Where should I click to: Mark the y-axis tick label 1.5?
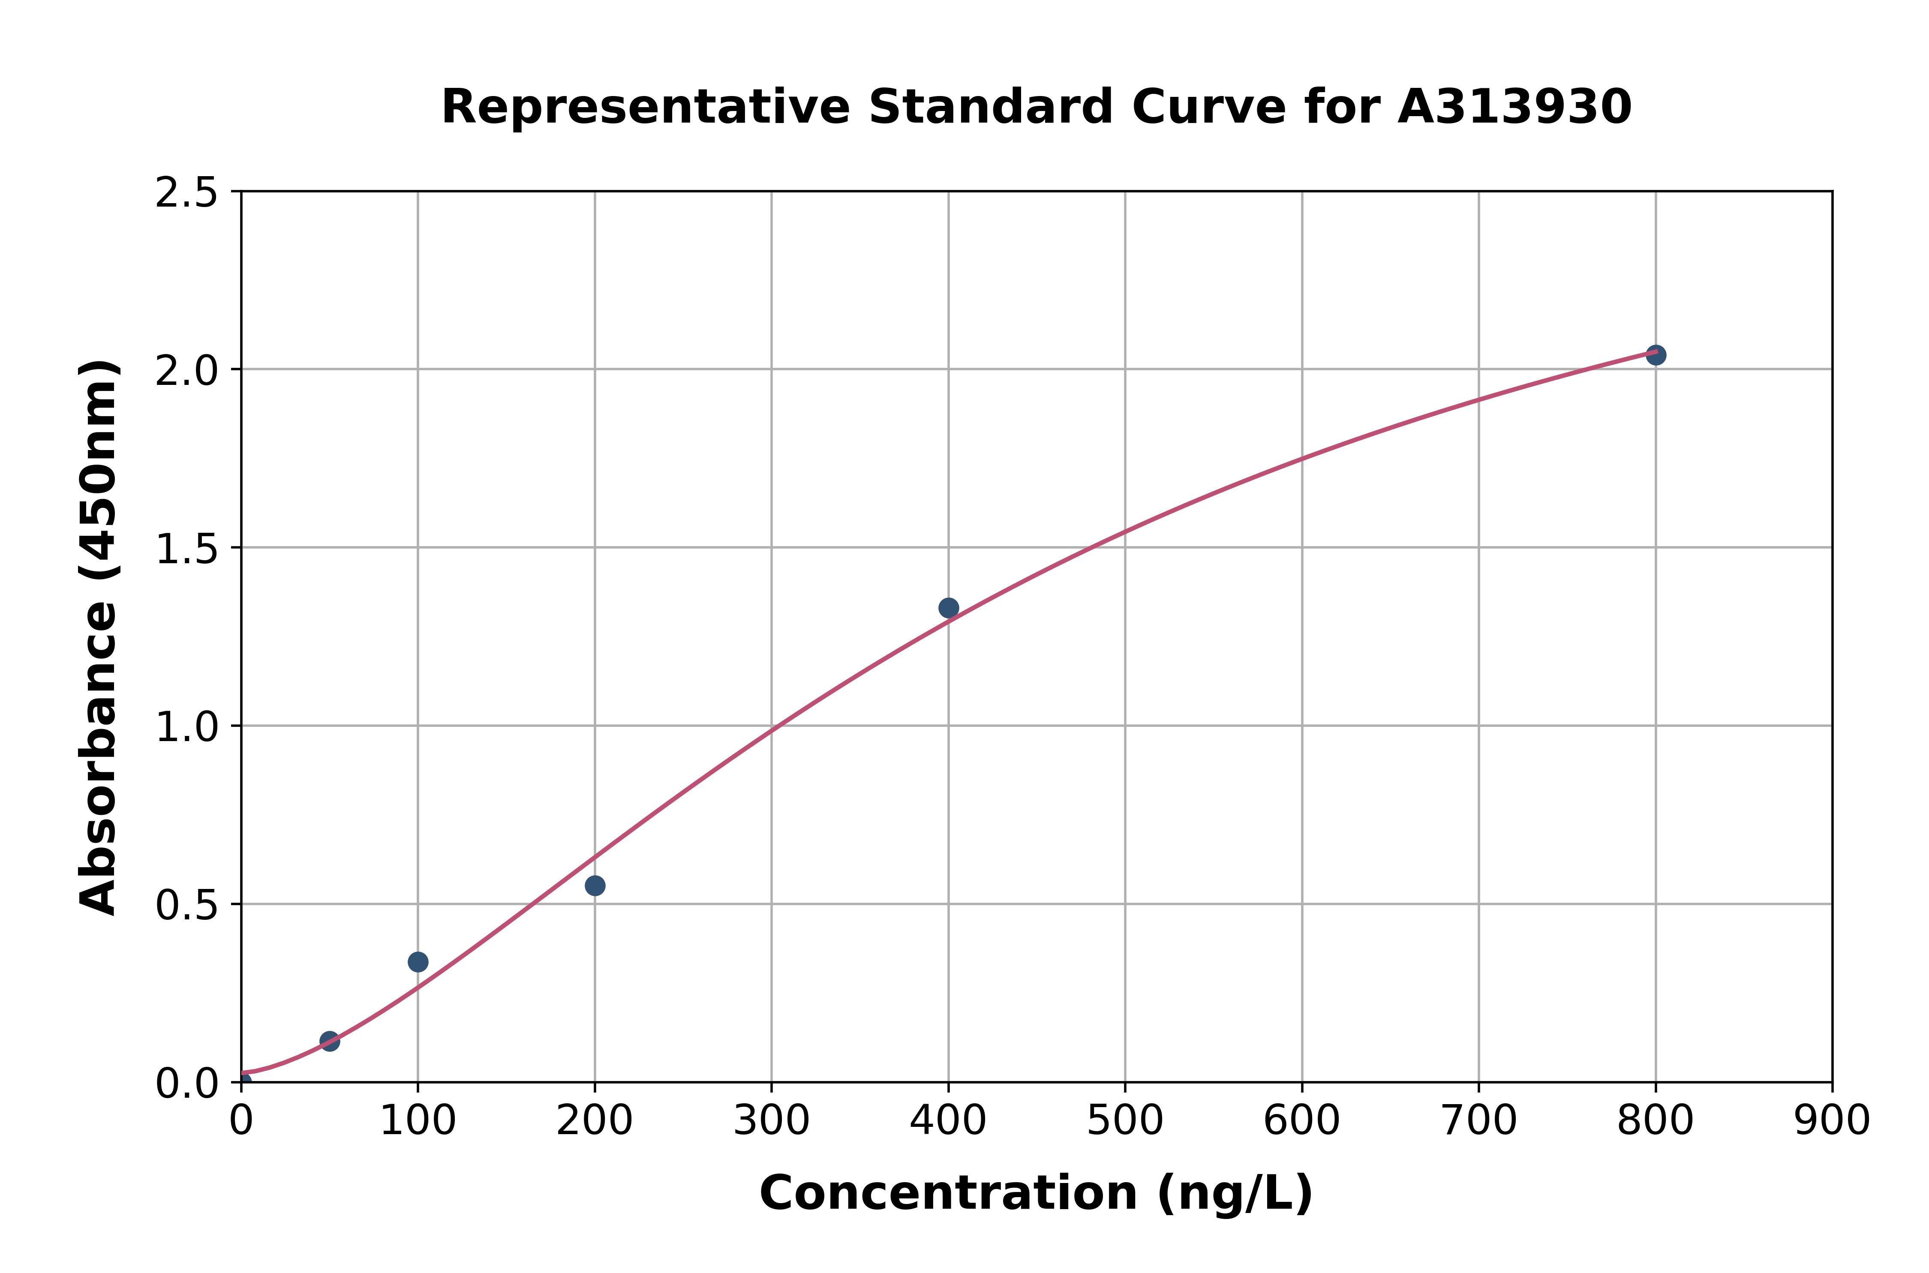click(x=187, y=549)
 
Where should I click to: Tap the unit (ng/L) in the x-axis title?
click(x=1234, y=1193)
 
